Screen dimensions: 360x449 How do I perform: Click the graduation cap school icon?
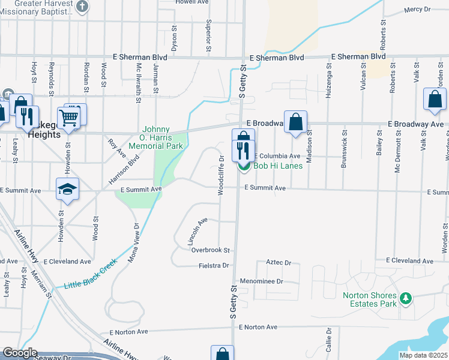[68, 189]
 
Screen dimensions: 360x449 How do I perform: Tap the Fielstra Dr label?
[214, 265]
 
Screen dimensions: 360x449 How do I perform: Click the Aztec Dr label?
[279, 263]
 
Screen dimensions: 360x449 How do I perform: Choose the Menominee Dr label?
[261, 281]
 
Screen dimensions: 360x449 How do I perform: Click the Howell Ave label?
[191, 2]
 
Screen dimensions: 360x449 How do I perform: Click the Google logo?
[20, 353]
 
